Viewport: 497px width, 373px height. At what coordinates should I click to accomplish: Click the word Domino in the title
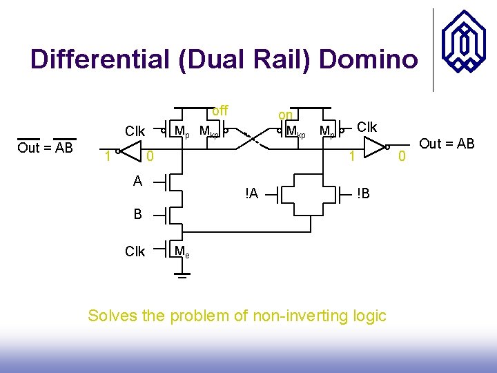pyautogui.click(x=368, y=59)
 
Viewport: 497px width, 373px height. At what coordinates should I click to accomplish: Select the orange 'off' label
pyautogui.click(x=220, y=111)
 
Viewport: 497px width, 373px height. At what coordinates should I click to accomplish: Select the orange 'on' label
pyautogui.click(x=285, y=115)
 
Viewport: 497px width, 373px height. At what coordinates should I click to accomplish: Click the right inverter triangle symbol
pyautogui.click(x=374, y=146)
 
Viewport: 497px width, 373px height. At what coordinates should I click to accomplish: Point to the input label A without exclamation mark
pyautogui.click(x=138, y=181)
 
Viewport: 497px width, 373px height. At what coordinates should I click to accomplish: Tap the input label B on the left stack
pyautogui.click(x=138, y=214)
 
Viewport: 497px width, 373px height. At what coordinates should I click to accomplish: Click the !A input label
pyautogui.click(x=251, y=194)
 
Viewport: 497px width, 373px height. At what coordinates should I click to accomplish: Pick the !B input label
pyautogui.click(x=363, y=194)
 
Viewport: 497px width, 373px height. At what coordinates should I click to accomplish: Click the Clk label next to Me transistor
pyautogui.click(x=135, y=251)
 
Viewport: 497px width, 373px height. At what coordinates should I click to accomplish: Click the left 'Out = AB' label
pyautogui.click(x=45, y=147)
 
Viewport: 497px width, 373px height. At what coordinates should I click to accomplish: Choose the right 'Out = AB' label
pyautogui.click(x=447, y=144)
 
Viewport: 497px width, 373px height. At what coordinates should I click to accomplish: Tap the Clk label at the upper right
pyautogui.click(x=367, y=127)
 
